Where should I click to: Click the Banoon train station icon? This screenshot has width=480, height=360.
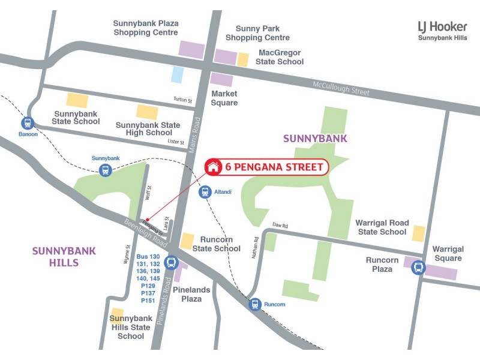(x=27, y=123)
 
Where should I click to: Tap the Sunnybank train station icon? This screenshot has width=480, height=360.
(x=106, y=170)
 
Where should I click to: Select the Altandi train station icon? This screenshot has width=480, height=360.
(x=205, y=192)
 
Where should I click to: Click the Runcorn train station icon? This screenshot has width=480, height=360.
(x=256, y=304)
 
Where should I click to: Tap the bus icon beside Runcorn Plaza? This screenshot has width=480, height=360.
(x=419, y=267)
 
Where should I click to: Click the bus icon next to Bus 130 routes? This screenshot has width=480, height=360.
(x=172, y=262)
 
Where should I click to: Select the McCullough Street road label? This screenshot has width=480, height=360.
(x=341, y=88)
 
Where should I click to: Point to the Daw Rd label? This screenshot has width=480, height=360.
(x=280, y=226)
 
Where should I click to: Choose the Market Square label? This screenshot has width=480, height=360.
(x=224, y=98)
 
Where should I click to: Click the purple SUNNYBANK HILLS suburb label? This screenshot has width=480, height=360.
(x=56, y=256)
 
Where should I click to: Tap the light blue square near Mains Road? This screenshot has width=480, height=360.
(x=177, y=74)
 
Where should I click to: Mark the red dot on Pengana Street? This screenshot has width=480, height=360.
(x=148, y=219)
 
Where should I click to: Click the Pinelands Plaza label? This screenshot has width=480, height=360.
(x=191, y=294)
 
